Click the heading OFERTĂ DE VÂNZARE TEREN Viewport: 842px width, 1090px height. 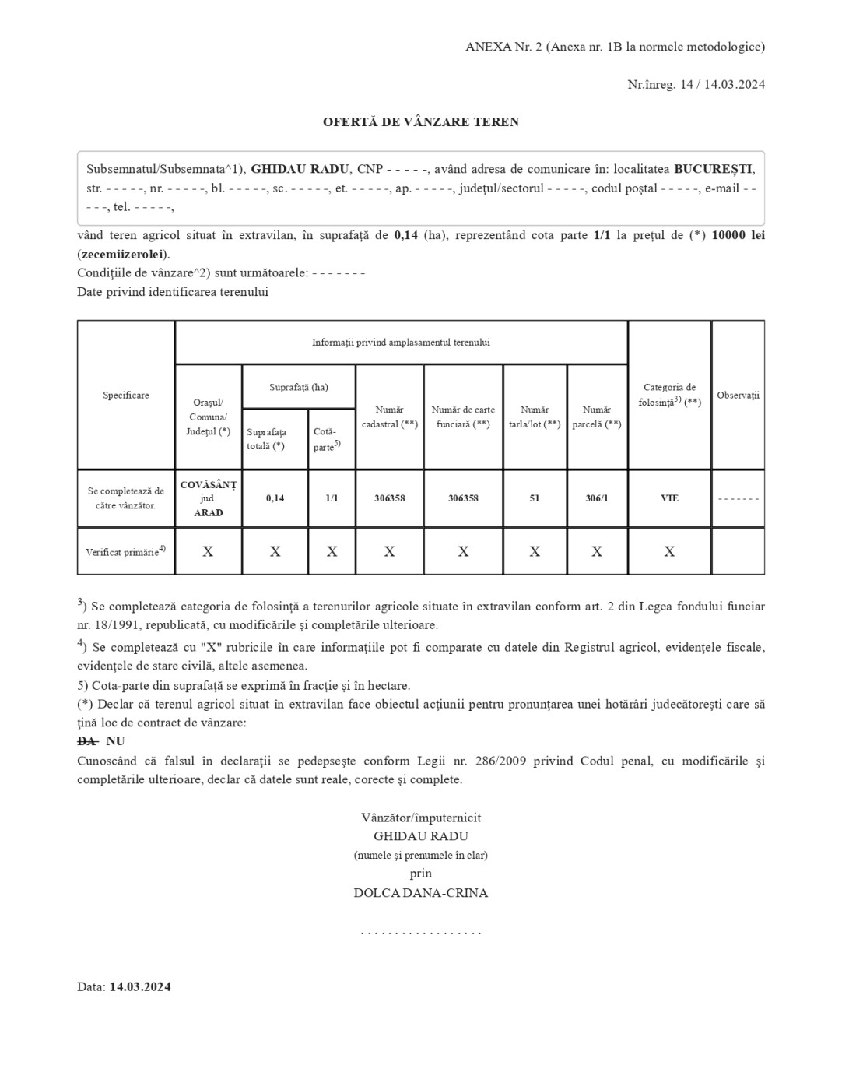[x=421, y=122]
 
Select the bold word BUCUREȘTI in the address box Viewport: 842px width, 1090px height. [x=714, y=169]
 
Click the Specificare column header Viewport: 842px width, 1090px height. [x=126, y=396]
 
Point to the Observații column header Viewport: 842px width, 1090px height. [x=738, y=396]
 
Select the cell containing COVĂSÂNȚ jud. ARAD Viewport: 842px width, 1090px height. [x=209, y=498]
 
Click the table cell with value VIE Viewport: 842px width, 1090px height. [x=669, y=498]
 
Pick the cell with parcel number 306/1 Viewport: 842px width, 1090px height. [x=597, y=498]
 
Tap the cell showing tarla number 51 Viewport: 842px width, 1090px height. [x=535, y=498]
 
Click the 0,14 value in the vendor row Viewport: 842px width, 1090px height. [x=275, y=498]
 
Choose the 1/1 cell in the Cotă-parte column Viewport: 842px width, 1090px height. [x=332, y=498]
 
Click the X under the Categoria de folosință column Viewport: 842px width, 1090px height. [x=669, y=552]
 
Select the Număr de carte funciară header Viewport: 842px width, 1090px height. [x=463, y=417]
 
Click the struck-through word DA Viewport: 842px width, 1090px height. [x=86, y=741]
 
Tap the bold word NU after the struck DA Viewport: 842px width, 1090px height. [x=115, y=741]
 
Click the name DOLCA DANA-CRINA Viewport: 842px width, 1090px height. [x=421, y=893]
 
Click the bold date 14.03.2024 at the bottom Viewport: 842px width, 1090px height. [x=140, y=987]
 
